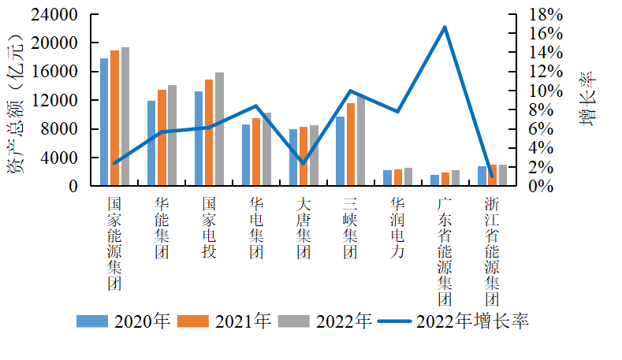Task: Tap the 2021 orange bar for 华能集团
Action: [162, 138]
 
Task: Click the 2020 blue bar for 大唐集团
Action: [293, 158]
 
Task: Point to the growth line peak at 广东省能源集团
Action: [445, 27]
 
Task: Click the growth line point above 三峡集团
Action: [350, 91]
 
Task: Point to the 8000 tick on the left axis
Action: [62, 129]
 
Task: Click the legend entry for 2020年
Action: [123, 321]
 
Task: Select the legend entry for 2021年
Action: [224, 321]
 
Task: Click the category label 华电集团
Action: [255, 228]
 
